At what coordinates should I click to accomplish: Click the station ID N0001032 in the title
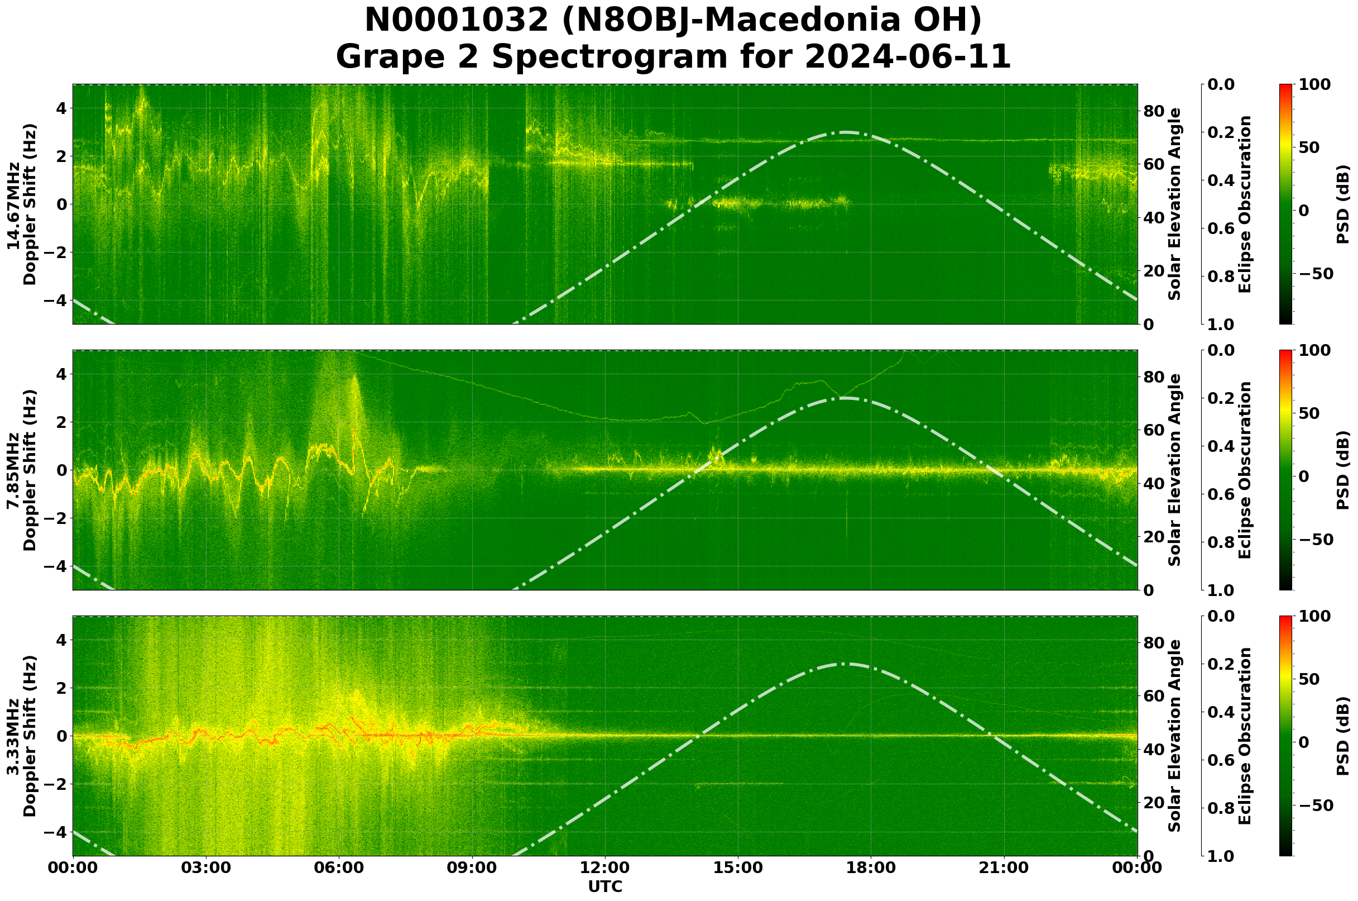pos(457,21)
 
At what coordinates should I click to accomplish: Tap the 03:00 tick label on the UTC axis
pos(205,868)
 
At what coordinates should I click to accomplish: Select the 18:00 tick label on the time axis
pos(871,868)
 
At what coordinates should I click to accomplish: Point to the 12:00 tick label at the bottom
pos(605,868)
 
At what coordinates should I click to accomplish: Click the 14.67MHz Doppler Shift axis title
pos(22,204)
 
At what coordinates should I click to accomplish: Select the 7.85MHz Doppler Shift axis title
pos(22,470)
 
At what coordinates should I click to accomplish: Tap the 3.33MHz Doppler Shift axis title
pos(22,736)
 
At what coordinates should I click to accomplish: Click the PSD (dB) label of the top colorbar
pos(1342,204)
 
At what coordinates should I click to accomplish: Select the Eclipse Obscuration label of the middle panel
pos(1244,470)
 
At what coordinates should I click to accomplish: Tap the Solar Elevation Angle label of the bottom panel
pos(1175,736)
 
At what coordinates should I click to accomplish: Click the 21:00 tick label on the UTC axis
pos(1004,868)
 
